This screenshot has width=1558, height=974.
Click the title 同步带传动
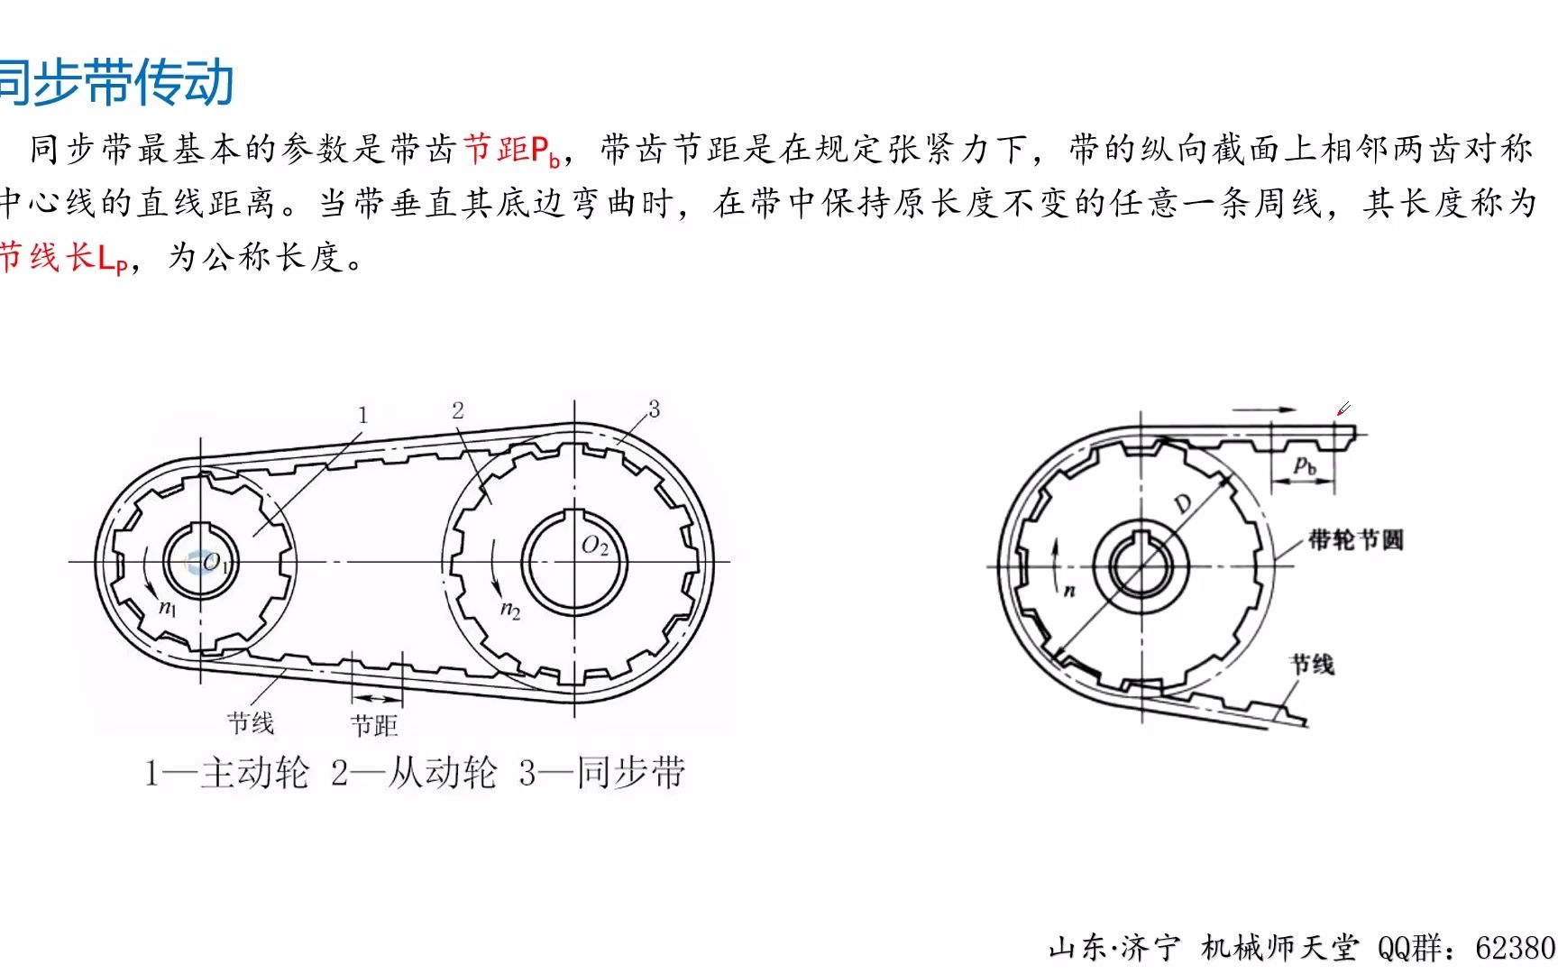coord(117,82)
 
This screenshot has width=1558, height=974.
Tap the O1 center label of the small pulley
coord(214,563)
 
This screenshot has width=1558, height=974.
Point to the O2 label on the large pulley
coord(595,546)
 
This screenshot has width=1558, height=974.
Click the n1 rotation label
coord(168,608)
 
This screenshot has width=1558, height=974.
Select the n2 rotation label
coord(510,611)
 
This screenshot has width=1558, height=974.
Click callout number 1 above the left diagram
coord(362,415)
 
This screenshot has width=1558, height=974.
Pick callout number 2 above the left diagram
coord(458,410)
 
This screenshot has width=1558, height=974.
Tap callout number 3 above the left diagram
coord(654,409)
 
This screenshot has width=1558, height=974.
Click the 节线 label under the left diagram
coord(251,722)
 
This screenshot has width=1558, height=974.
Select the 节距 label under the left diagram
coord(373,725)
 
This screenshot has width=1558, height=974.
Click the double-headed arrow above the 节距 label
coord(377,699)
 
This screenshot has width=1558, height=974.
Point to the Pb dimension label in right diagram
coord(1305,466)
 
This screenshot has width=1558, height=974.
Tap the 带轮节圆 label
coord(1356,539)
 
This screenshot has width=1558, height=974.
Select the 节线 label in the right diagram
coord(1313,665)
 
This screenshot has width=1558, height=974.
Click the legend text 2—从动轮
coord(414,773)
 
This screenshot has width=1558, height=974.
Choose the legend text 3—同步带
coord(601,773)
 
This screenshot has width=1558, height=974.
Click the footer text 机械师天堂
coord(1279,947)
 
